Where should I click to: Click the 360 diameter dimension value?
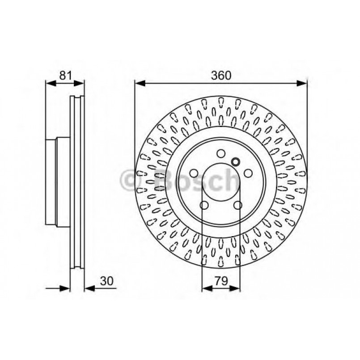(221, 76)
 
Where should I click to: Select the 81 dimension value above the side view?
(65, 76)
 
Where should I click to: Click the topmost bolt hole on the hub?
(221, 153)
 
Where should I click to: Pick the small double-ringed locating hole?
(236, 161)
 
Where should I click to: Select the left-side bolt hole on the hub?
(193, 174)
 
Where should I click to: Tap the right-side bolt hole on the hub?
(249, 174)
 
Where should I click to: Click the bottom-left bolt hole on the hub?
(204, 205)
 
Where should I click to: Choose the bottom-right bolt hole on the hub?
(238, 205)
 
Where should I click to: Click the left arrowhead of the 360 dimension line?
(139, 83)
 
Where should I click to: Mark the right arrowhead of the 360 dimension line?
(303, 83)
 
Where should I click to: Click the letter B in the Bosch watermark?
(167, 181)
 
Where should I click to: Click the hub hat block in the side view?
(58, 182)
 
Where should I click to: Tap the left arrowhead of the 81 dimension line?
(50, 83)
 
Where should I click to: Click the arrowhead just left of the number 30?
(89, 288)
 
